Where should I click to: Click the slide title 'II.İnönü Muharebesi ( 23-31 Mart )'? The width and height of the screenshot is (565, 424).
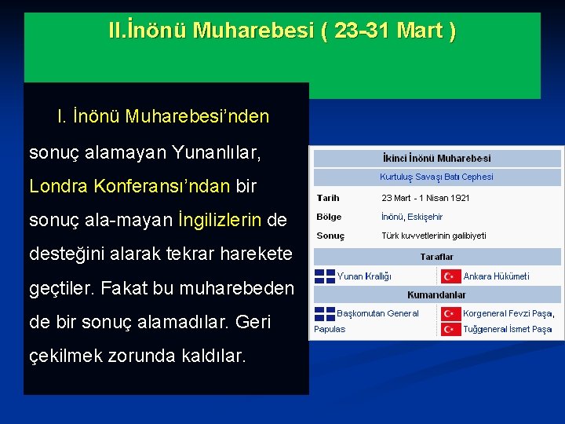pyautogui.click(x=282, y=31)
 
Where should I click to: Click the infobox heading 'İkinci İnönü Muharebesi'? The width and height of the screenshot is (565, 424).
pyautogui.click(x=437, y=158)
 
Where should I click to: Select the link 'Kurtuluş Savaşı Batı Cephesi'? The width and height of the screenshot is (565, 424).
pyautogui.click(x=437, y=177)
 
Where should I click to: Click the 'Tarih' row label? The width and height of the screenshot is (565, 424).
pyautogui.click(x=328, y=198)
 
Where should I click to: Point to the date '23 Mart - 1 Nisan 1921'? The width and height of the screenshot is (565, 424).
pyautogui.click(x=425, y=198)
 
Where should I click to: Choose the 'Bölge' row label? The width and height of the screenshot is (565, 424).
pyautogui.click(x=329, y=217)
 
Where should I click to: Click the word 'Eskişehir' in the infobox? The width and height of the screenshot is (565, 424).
pyautogui.click(x=425, y=217)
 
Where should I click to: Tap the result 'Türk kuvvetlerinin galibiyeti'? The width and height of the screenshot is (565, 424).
pyautogui.click(x=434, y=236)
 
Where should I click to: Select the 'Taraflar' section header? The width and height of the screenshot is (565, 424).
pyautogui.click(x=437, y=257)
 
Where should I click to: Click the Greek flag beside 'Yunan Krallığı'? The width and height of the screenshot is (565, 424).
pyautogui.click(x=324, y=276)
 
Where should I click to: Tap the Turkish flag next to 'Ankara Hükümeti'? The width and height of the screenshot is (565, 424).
pyautogui.click(x=450, y=276)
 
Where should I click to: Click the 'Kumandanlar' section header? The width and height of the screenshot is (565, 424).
pyautogui.click(x=437, y=294)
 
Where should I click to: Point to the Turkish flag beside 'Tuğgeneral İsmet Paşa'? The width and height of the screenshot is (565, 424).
pyautogui.click(x=450, y=329)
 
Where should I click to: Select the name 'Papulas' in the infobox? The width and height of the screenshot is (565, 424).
pyautogui.click(x=330, y=329)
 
